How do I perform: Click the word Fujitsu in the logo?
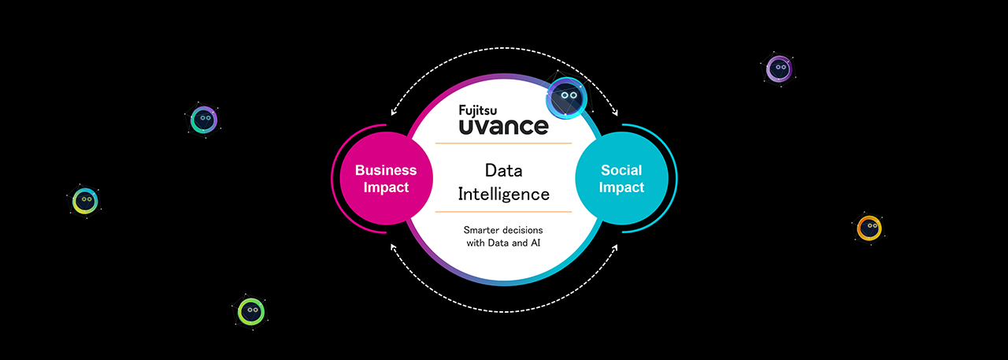click(x=484, y=110)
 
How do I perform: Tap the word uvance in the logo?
click(x=503, y=126)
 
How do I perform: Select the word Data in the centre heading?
click(x=503, y=170)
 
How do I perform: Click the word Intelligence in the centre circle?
click(x=503, y=192)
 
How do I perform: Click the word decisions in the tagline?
click(x=523, y=229)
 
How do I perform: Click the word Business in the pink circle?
click(x=386, y=170)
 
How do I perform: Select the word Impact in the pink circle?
click(x=386, y=187)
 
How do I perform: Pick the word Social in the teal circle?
click(x=621, y=170)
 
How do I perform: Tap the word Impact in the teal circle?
click(x=621, y=187)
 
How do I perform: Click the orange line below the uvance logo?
click(x=503, y=143)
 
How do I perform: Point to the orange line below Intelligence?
click(x=503, y=212)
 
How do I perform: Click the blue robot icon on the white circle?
click(x=566, y=96)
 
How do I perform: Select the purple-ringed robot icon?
click(x=779, y=69)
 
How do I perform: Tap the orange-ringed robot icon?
click(x=869, y=228)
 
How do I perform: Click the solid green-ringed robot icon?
click(x=251, y=311)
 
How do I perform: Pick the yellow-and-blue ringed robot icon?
click(x=84, y=200)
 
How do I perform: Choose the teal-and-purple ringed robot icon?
click(x=204, y=119)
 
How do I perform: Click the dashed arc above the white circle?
click(x=503, y=54)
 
